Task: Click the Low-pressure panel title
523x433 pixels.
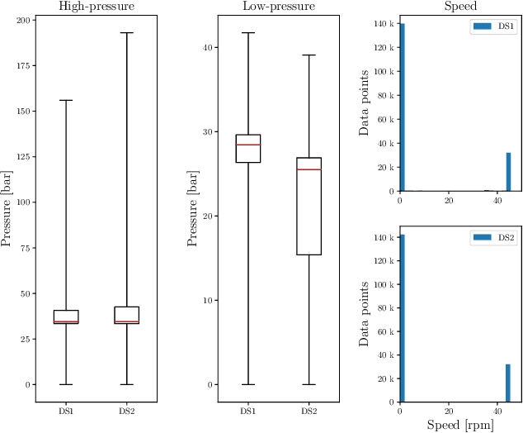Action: click(x=278, y=7)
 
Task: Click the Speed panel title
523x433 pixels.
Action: click(x=459, y=7)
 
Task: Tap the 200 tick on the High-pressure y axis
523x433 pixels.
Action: click(x=21, y=20)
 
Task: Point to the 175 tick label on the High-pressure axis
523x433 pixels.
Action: click(x=21, y=66)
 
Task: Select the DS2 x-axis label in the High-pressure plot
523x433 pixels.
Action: click(x=127, y=411)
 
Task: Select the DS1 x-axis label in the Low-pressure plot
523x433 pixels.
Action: click(x=247, y=411)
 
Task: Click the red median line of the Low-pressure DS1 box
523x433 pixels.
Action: click(x=247, y=145)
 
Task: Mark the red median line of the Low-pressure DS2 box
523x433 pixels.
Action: click(x=309, y=169)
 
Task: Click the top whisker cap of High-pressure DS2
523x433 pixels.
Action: click(x=127, y=33)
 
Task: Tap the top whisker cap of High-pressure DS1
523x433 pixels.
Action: click(x=66, y=100)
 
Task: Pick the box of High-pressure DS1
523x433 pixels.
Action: click(x=66, y=316)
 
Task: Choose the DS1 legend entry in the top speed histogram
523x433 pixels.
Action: click(x=493, y=27)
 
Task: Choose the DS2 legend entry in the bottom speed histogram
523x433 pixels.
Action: click(x=493, y=238)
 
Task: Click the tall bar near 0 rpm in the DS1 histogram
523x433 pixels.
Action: click(x=402, y=107)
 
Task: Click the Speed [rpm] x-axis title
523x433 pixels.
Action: click(x=459, y=425)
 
